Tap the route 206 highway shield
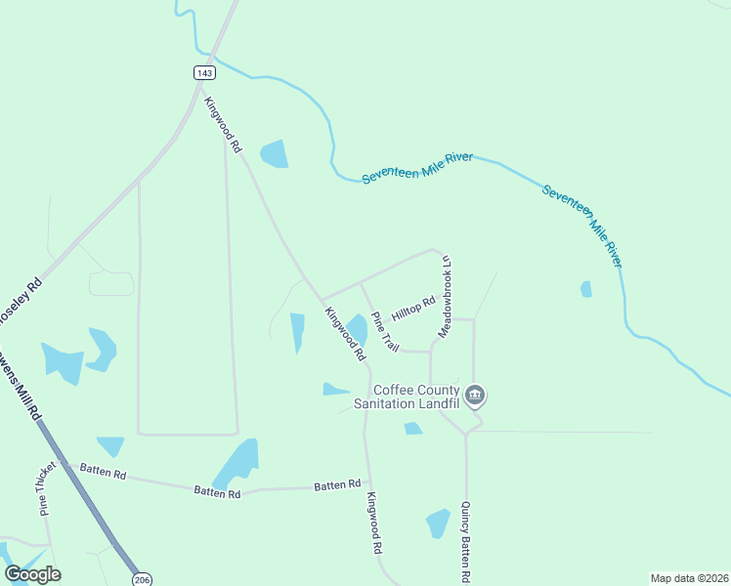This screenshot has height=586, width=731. (142, 578)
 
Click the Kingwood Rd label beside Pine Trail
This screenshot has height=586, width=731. (344, 332)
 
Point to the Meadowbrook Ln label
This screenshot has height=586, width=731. (446, 297)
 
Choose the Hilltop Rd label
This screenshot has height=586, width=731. (412, 311)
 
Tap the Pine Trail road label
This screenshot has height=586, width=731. (384, 332)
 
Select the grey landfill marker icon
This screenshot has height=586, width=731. (475, 396)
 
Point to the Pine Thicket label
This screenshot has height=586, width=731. (44, 488)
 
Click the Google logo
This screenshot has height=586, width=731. (33, 574)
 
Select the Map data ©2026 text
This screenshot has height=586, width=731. (688, 578)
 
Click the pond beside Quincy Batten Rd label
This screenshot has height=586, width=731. (437, 523)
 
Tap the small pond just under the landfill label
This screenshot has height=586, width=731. (412, 428)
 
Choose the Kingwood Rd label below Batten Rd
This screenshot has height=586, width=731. (373, 523)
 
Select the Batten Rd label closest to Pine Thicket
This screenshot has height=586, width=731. (104, 474)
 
